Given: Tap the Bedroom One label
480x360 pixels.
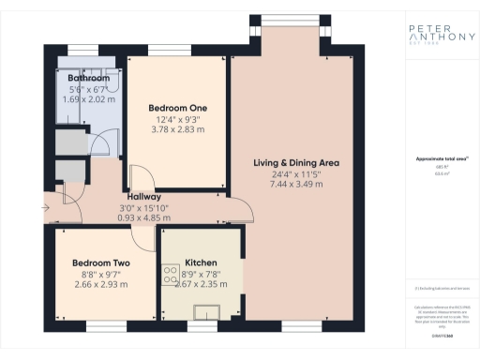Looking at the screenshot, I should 178,108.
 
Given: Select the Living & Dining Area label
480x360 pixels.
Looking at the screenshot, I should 296,163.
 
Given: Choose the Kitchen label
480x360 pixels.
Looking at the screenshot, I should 202,262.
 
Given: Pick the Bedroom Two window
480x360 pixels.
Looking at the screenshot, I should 99,327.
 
